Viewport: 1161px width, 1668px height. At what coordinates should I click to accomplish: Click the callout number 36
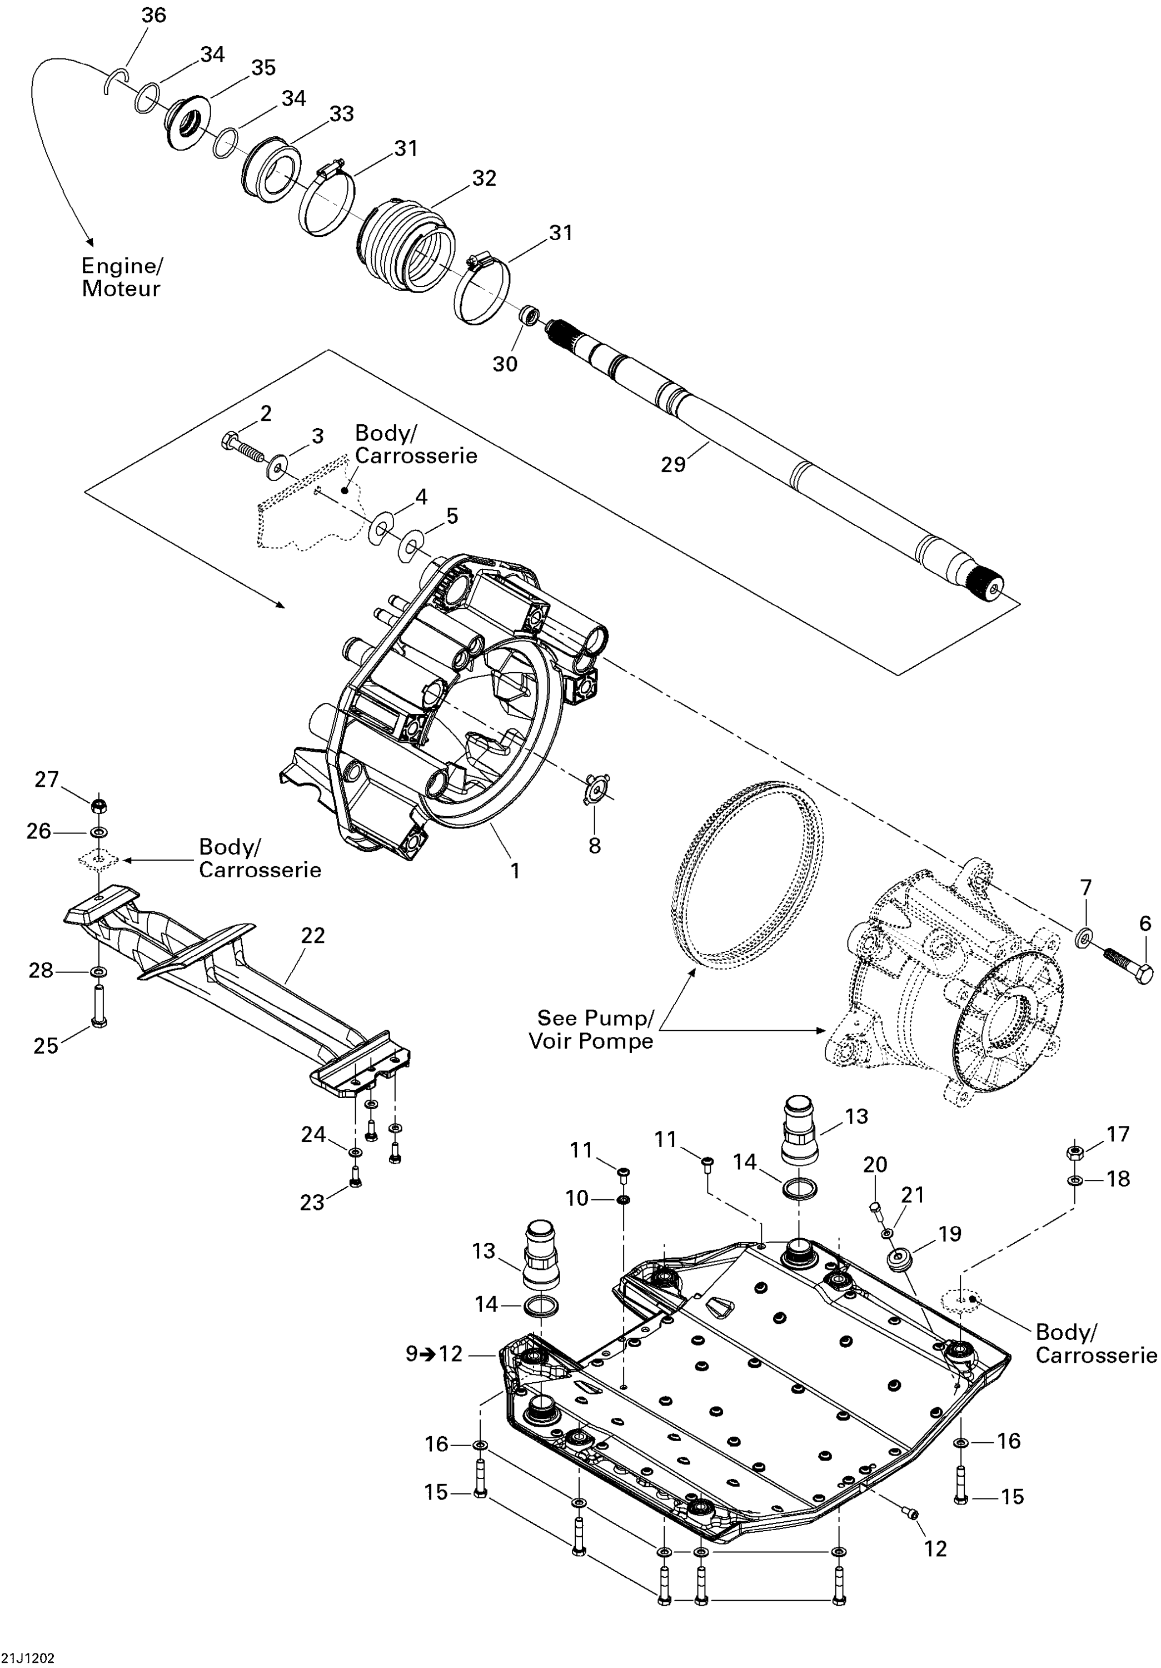pos(153,15)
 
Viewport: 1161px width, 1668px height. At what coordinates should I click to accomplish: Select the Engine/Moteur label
pos(121,277)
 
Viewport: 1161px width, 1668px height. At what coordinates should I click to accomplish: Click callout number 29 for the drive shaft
pos(672,464)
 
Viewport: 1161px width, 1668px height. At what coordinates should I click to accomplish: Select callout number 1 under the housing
pos(515,870)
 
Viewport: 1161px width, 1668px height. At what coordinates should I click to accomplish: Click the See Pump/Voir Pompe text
pos(591,1029)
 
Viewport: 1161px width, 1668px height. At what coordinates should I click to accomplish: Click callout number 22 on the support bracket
pos(313,936)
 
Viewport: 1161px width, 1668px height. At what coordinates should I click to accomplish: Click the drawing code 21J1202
pos(28,1659)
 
